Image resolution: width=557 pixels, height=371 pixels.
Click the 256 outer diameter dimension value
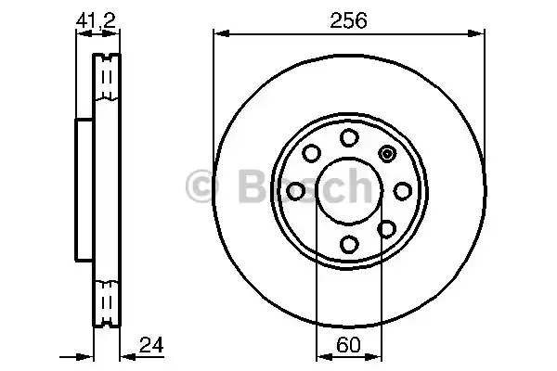[348, 18]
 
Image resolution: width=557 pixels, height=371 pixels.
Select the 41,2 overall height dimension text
[98, 18]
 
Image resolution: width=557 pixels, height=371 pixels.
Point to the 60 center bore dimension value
[348, 345]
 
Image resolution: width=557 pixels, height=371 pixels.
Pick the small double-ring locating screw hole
[387, 154]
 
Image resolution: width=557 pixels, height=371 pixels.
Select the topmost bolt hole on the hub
[349, 138]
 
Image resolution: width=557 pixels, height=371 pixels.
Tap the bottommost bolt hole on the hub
[349, 244]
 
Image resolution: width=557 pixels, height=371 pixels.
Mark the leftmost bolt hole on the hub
[296, 191]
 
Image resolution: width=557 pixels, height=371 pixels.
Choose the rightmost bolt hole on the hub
[402, 191]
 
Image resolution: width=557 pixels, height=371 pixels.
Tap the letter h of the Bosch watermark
[355, 185]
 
